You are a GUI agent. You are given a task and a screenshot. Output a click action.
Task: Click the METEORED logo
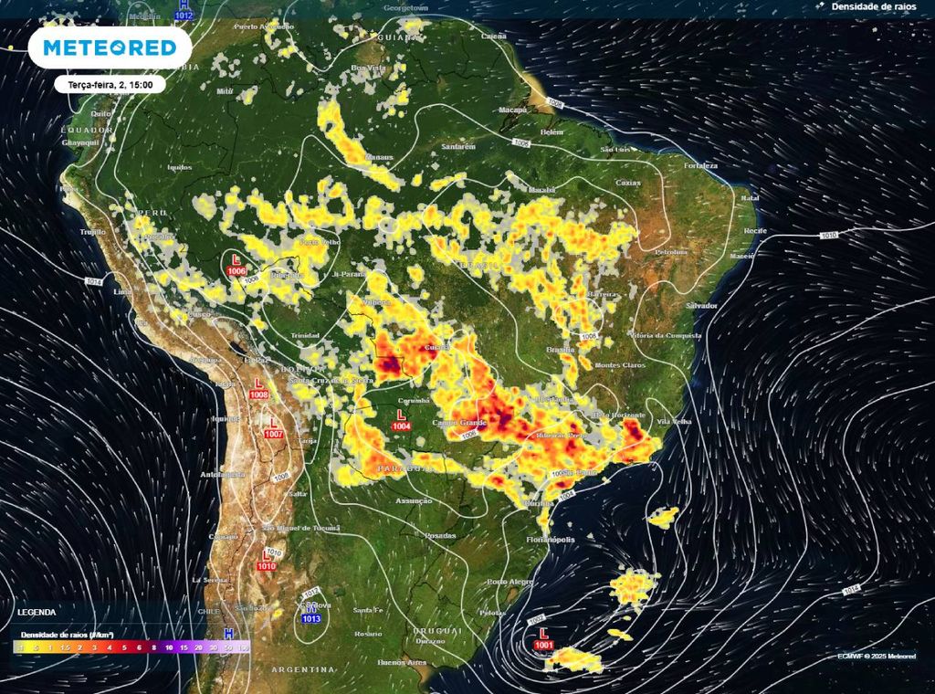click(x=110, y=47)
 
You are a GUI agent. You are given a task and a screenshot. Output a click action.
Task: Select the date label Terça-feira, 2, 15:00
click(x=110, y=84)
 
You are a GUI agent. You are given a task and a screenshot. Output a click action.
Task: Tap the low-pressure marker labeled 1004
click(x=401, y=420)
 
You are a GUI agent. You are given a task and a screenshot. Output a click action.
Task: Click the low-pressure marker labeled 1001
click(x=544, y=639)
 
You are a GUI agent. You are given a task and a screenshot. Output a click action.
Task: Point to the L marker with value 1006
click(x=236, y=266)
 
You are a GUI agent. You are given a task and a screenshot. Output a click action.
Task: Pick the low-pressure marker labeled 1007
click(x=273, y=428)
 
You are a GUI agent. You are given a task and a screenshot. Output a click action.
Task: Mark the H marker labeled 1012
click(x=184, y=10)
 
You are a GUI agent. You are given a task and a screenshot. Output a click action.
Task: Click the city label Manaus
click(x=379, y=158)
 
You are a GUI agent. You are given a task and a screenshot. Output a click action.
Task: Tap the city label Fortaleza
click(x=703, y=165)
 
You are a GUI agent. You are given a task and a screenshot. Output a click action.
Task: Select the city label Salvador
click(x=701, y=305)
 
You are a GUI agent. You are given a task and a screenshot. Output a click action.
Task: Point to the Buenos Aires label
click(x=403, y=661)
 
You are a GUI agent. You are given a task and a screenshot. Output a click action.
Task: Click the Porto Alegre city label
click(x=510, y=582)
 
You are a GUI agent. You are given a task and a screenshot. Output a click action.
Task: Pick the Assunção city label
click(x=414, y=501)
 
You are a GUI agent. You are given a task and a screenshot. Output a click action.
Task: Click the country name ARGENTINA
click(x=302, y=669)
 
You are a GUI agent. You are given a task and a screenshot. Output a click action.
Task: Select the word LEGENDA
click(x=37, y=613)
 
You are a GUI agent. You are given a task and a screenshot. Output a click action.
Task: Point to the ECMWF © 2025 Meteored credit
click(x=876, y=656)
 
